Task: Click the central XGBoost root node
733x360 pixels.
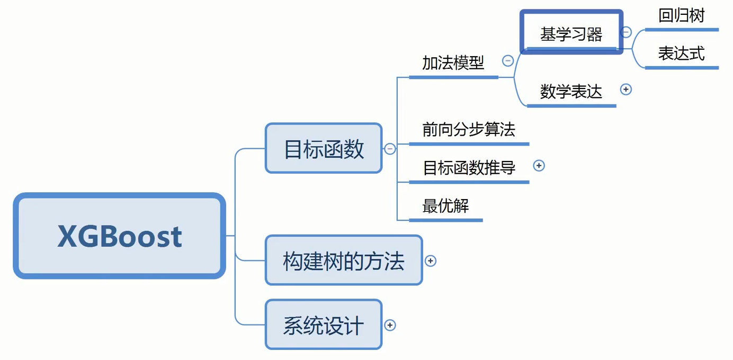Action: [120, 236]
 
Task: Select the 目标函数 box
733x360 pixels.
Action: [324, 149]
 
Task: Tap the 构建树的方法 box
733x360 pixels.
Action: [344, 261]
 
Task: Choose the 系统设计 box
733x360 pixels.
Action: [324, 325]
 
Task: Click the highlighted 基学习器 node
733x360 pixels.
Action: [571, 33]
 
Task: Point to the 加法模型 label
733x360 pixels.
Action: [453, 63]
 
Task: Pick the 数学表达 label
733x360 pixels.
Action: [571, 92]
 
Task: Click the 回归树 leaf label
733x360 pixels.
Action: [681, 16]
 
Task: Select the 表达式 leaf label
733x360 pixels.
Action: [681, 53]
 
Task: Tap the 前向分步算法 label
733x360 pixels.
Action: [469, 130]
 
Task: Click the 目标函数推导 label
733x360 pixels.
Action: [469, 168]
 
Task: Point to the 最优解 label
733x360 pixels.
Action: [445, 206]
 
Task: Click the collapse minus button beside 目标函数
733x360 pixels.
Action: [390, 149]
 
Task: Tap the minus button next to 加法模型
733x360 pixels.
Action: [508, 61]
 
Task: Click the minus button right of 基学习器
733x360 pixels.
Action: [626, 32]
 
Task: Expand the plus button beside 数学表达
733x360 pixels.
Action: [626, 89]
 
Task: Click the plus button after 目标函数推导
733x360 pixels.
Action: [539, 166]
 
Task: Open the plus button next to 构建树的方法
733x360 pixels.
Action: [431, 261]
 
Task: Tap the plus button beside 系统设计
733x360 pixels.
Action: [390, 325]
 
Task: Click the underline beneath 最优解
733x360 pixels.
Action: [445, 220]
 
